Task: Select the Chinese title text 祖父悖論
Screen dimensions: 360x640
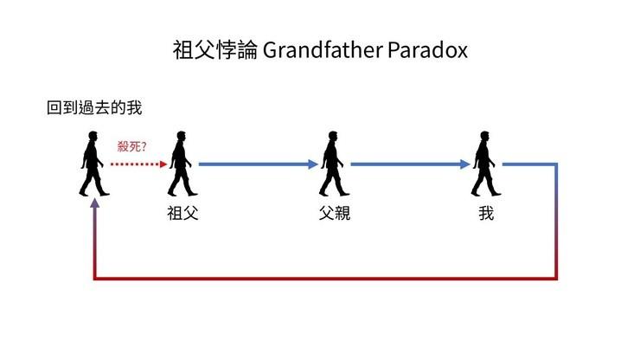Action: pyautogui.click(x=214, y=50)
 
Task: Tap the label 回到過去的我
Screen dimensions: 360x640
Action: pyautogui.click(x=94, y=108)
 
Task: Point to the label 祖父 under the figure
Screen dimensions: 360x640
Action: pyautogui.click(x=182, y=213)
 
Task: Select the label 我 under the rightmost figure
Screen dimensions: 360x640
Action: pyautogui.click(x=486, y=213)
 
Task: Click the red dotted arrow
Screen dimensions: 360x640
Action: pyautogui.click(x=136, y=164)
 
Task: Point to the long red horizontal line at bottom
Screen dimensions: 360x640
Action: pyautogui.click(x=324, y=279)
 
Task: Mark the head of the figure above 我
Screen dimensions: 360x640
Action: pyautogui.click(x=485, y=136)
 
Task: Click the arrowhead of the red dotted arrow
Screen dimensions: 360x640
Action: pyautogui.click(x=163, y=164)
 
